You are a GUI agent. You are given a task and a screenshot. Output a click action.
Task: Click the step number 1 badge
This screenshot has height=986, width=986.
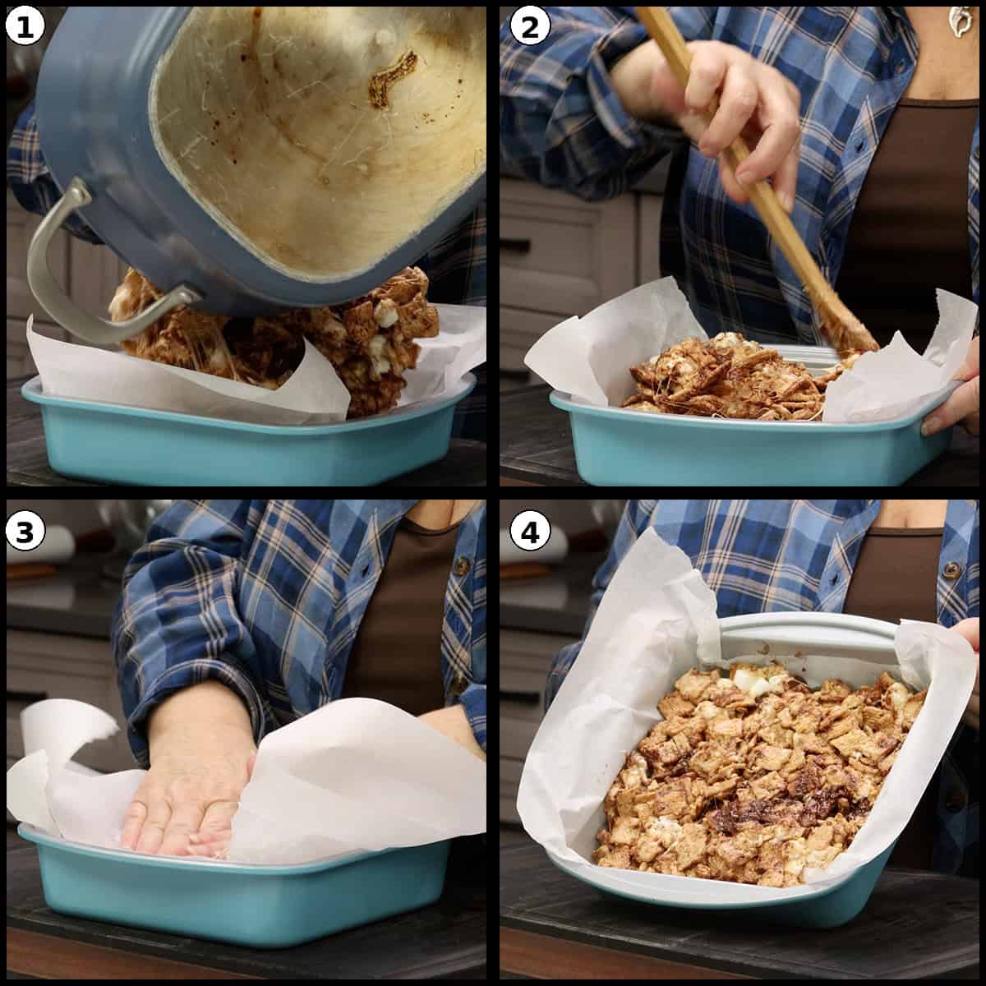click(x=24, y=27)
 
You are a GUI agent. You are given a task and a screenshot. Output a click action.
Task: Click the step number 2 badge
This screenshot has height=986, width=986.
click(x=529, y=27)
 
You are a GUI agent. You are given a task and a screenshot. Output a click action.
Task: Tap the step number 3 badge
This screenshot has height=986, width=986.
click(x=24, y=532)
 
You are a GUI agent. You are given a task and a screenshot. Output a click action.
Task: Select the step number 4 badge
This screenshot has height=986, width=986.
click(x=529, y=532)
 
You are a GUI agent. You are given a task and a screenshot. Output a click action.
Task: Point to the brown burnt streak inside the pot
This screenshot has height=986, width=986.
click(x=391, y=78)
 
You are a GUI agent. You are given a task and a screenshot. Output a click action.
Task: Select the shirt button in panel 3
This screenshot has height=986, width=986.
click(x=463, y=566)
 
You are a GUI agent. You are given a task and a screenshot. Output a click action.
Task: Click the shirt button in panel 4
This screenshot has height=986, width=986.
click(x=951, y=569)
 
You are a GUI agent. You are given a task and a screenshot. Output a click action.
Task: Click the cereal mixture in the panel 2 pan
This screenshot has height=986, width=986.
click(x=723, y=378)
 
